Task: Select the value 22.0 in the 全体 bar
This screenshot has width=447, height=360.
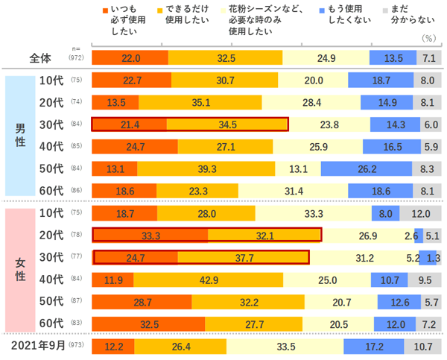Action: (131, 58)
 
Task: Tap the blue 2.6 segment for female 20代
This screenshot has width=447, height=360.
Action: (418, 236)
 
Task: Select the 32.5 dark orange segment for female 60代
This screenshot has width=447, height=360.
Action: (148, 324)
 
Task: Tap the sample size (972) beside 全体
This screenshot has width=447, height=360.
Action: (77, 58)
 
